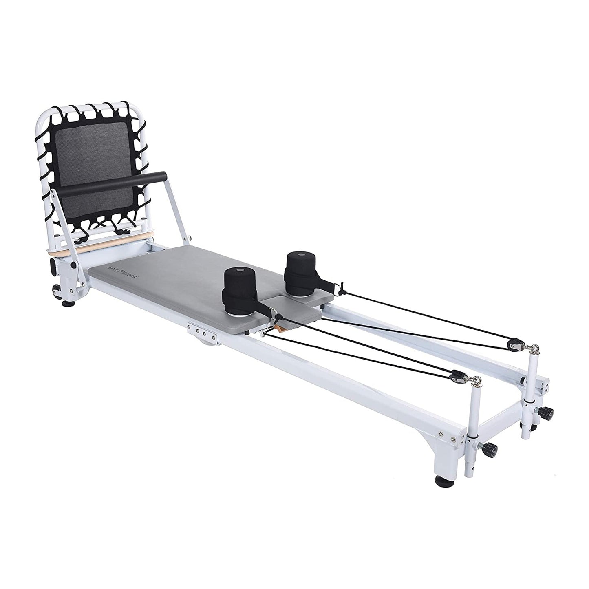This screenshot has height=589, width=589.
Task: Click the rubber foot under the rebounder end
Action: (x=66, y=303)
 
